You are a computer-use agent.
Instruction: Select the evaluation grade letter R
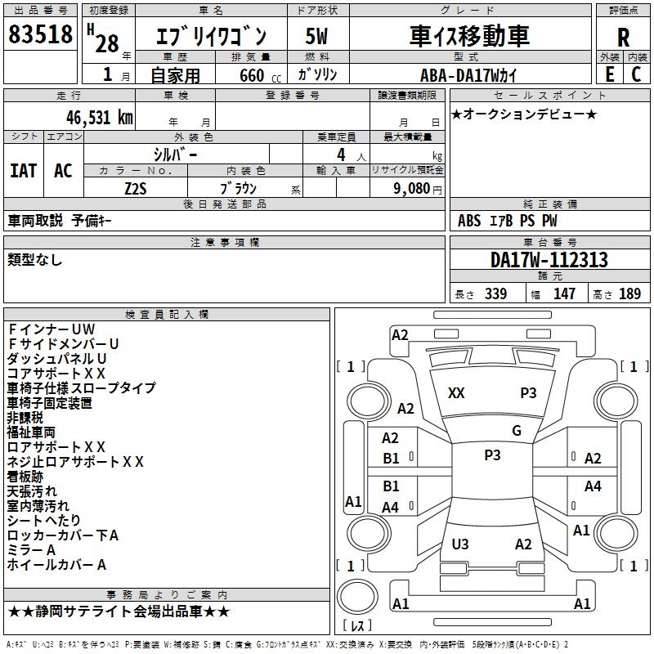[x=624, y=38]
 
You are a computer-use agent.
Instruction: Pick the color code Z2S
[x=136, y=187]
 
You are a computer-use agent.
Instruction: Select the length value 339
[x=495, y=294]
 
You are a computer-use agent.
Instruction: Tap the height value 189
[x=629, y=294]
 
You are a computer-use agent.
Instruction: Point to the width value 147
[x=564, y=294]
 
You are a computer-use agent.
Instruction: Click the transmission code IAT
[x=23, y=171]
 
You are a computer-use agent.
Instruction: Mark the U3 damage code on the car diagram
[x=460, y=544]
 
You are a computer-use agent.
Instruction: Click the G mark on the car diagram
[x=517, y=431]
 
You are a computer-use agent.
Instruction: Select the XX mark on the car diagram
[x=456, y=393]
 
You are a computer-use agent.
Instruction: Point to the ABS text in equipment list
[x=469, y=221]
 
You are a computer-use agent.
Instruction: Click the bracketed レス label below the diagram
[x=358, y=626]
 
